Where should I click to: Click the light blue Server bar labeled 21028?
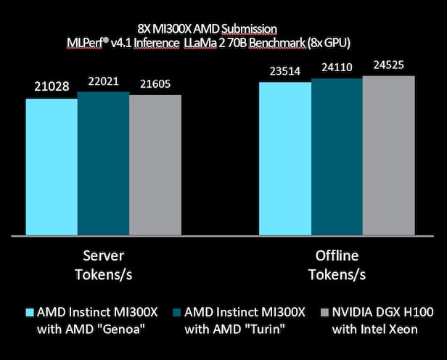pyautogui.click(x=52, y=167)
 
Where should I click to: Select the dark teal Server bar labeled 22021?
pyautogui.click(x=103, y=163)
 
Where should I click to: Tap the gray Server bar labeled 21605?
pyautogui.click(x=155, y=165)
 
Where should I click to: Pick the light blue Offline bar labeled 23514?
pyautogui.click(x=285, y=158)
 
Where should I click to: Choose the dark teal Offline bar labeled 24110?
pyautogui.click(x=337, y=157)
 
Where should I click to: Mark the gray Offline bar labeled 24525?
pyautogui.click(x=388, y=155)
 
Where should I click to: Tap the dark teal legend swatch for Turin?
pyautogui.click(x=176, y=312)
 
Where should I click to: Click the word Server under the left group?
pyautogui.click(x=103, y=258)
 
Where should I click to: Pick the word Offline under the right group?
pyautogui.click(x=336, y=258)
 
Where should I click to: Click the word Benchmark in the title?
pyautogui.click(x=285, y=43)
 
